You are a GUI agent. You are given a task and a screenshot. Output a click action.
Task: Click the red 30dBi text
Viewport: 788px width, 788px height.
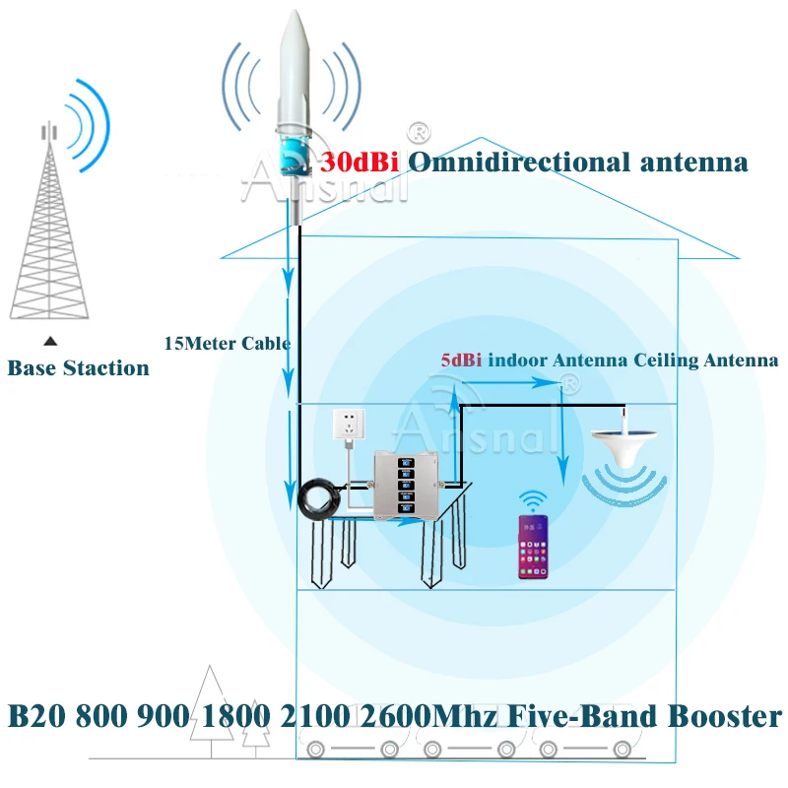(360, 163)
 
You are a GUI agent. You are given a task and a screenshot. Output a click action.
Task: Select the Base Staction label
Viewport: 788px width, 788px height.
(79, 368)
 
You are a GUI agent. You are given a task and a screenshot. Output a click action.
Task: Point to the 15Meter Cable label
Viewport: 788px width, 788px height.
(227, 344)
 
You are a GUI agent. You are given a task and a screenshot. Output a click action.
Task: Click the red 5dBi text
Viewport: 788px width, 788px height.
(461, 361)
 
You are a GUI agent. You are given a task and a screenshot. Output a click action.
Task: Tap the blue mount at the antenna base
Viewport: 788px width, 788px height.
(296, 154)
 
